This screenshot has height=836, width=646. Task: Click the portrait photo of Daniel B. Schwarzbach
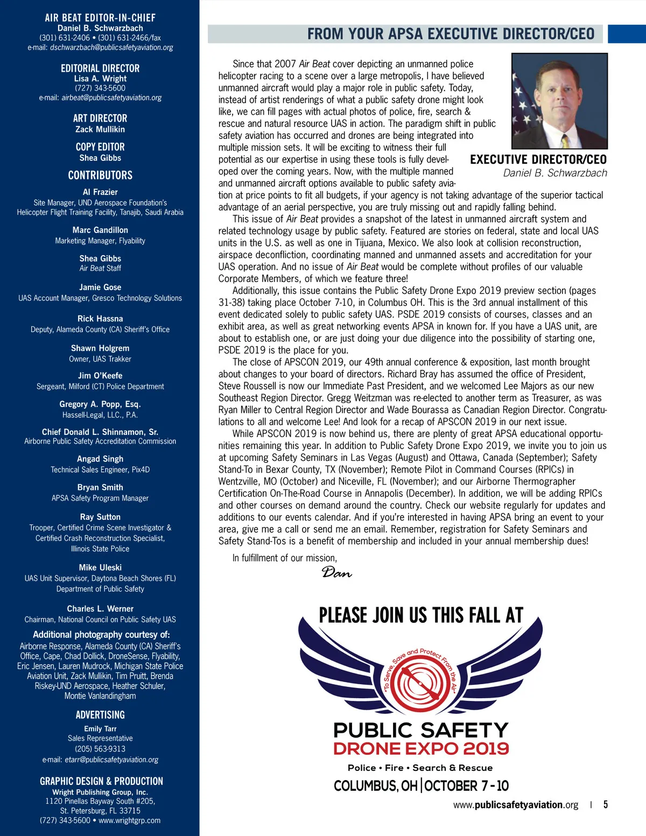(x=559, y=101)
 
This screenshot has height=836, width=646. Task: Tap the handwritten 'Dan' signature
(x=336, y=573)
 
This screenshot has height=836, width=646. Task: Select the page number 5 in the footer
(x=606, y=805)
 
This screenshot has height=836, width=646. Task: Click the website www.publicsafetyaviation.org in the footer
(x=515, y=805)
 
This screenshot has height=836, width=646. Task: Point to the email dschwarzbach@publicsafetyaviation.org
(x=111, y=47)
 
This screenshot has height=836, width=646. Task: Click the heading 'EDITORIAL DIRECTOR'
(x=100, y=68)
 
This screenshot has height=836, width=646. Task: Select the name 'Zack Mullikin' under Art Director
(x=100, y=129)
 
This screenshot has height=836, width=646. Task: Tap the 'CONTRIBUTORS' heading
(x=100, y=175)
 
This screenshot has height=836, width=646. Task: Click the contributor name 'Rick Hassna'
(x=100, y=319)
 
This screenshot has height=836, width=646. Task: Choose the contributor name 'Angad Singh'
(x=100, y=459)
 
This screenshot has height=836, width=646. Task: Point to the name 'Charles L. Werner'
(x=100, y=609)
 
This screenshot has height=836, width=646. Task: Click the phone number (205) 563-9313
(x=100, y=749)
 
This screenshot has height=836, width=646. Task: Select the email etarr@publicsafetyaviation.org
(x=111, y=760)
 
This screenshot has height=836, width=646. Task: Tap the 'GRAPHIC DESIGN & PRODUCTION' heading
(x=101, y=781)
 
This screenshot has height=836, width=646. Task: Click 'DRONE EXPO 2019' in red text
(x=421, y=749)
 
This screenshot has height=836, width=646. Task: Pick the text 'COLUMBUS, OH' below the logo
(x=375, y=786)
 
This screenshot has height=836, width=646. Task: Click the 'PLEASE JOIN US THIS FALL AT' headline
(x=421, y=615)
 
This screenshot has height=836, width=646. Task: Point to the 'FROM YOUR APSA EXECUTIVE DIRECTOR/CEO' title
(x=451, y=34)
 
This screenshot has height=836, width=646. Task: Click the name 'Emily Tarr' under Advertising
(x=100, y=728)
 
